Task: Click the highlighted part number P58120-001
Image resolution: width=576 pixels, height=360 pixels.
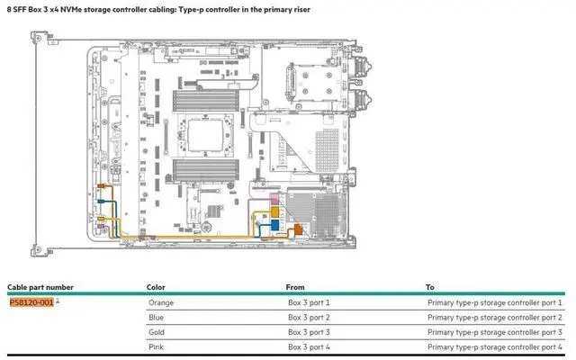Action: [31, 302]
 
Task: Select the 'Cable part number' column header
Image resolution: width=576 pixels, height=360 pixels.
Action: [40, 287]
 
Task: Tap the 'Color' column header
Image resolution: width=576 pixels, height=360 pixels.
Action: [156, 287]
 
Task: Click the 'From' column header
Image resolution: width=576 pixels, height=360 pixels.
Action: [295, 287]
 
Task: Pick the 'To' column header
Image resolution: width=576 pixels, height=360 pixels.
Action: [430, 287]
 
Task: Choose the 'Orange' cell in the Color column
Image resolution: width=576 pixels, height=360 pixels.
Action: [161, 303]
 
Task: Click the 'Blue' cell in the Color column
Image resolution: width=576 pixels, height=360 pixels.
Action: [157, 318]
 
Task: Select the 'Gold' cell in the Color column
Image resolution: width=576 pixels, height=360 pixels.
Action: [157, 332]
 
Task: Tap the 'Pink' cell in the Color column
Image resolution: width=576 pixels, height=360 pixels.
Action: [157, 346]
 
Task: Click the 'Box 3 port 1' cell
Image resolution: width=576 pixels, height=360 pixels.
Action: [309, 303]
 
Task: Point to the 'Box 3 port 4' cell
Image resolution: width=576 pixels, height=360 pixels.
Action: [309, 346]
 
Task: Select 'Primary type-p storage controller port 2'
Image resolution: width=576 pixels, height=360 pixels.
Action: [494, 318]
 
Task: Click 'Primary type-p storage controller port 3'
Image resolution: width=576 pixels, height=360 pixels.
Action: [494, 332]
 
